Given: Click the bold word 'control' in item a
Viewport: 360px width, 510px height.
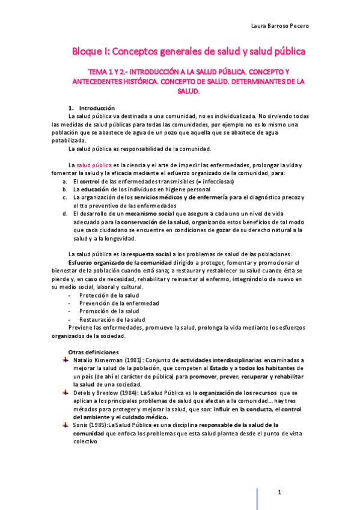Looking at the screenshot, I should [x=90, y=181].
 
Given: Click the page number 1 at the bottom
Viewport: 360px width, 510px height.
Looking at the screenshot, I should [x=280, y=493].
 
